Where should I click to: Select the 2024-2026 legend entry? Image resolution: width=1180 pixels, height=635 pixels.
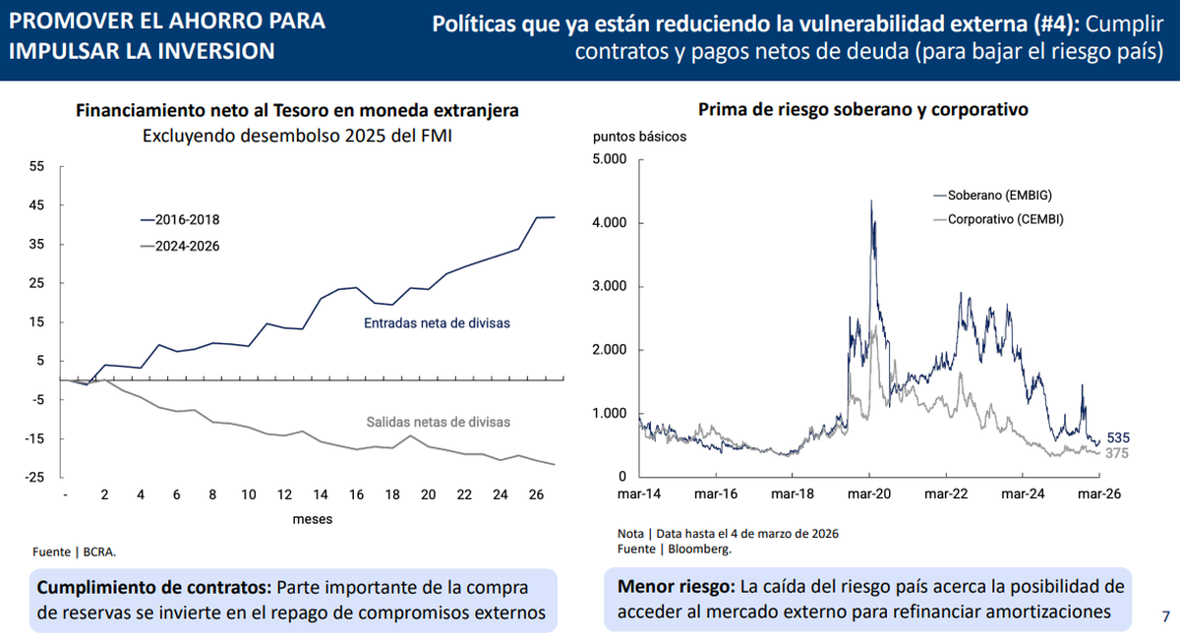coord(179,247)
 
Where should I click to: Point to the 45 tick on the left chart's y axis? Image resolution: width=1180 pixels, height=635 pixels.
coord(37,205)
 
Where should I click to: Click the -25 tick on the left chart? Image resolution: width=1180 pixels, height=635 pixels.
coord(35,478)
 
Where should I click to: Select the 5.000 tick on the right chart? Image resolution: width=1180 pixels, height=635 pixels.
coord(609,159)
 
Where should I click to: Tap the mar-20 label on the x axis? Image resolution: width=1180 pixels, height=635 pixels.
coord(870,494)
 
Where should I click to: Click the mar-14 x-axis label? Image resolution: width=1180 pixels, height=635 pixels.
coord(638,494)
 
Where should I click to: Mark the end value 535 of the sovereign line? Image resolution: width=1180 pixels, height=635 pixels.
coord(1117,437)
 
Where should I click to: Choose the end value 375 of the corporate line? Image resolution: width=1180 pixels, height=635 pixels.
coord(1117,453)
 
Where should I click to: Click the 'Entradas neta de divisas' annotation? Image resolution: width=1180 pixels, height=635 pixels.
coord(437,322)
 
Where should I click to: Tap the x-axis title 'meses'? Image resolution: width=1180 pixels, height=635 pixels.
coord(312,518)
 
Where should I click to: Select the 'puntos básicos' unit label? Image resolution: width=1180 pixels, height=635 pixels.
coord(639,137)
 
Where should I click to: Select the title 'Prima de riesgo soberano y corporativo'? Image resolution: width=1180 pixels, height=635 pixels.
coord(862,110)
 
